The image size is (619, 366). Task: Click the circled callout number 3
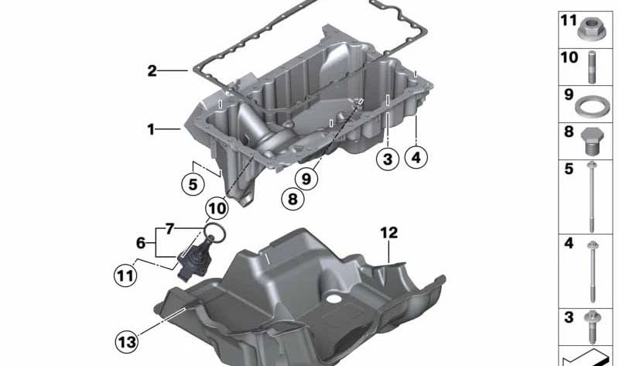388,159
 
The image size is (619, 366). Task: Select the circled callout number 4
416,158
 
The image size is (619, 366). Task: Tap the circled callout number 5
193,184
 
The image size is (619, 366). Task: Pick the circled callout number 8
292,199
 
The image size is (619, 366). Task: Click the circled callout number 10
217,208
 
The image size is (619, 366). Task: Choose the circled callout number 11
125,275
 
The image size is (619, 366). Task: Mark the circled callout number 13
127,341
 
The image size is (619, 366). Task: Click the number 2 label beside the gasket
152,71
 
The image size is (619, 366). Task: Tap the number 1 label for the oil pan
150,129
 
